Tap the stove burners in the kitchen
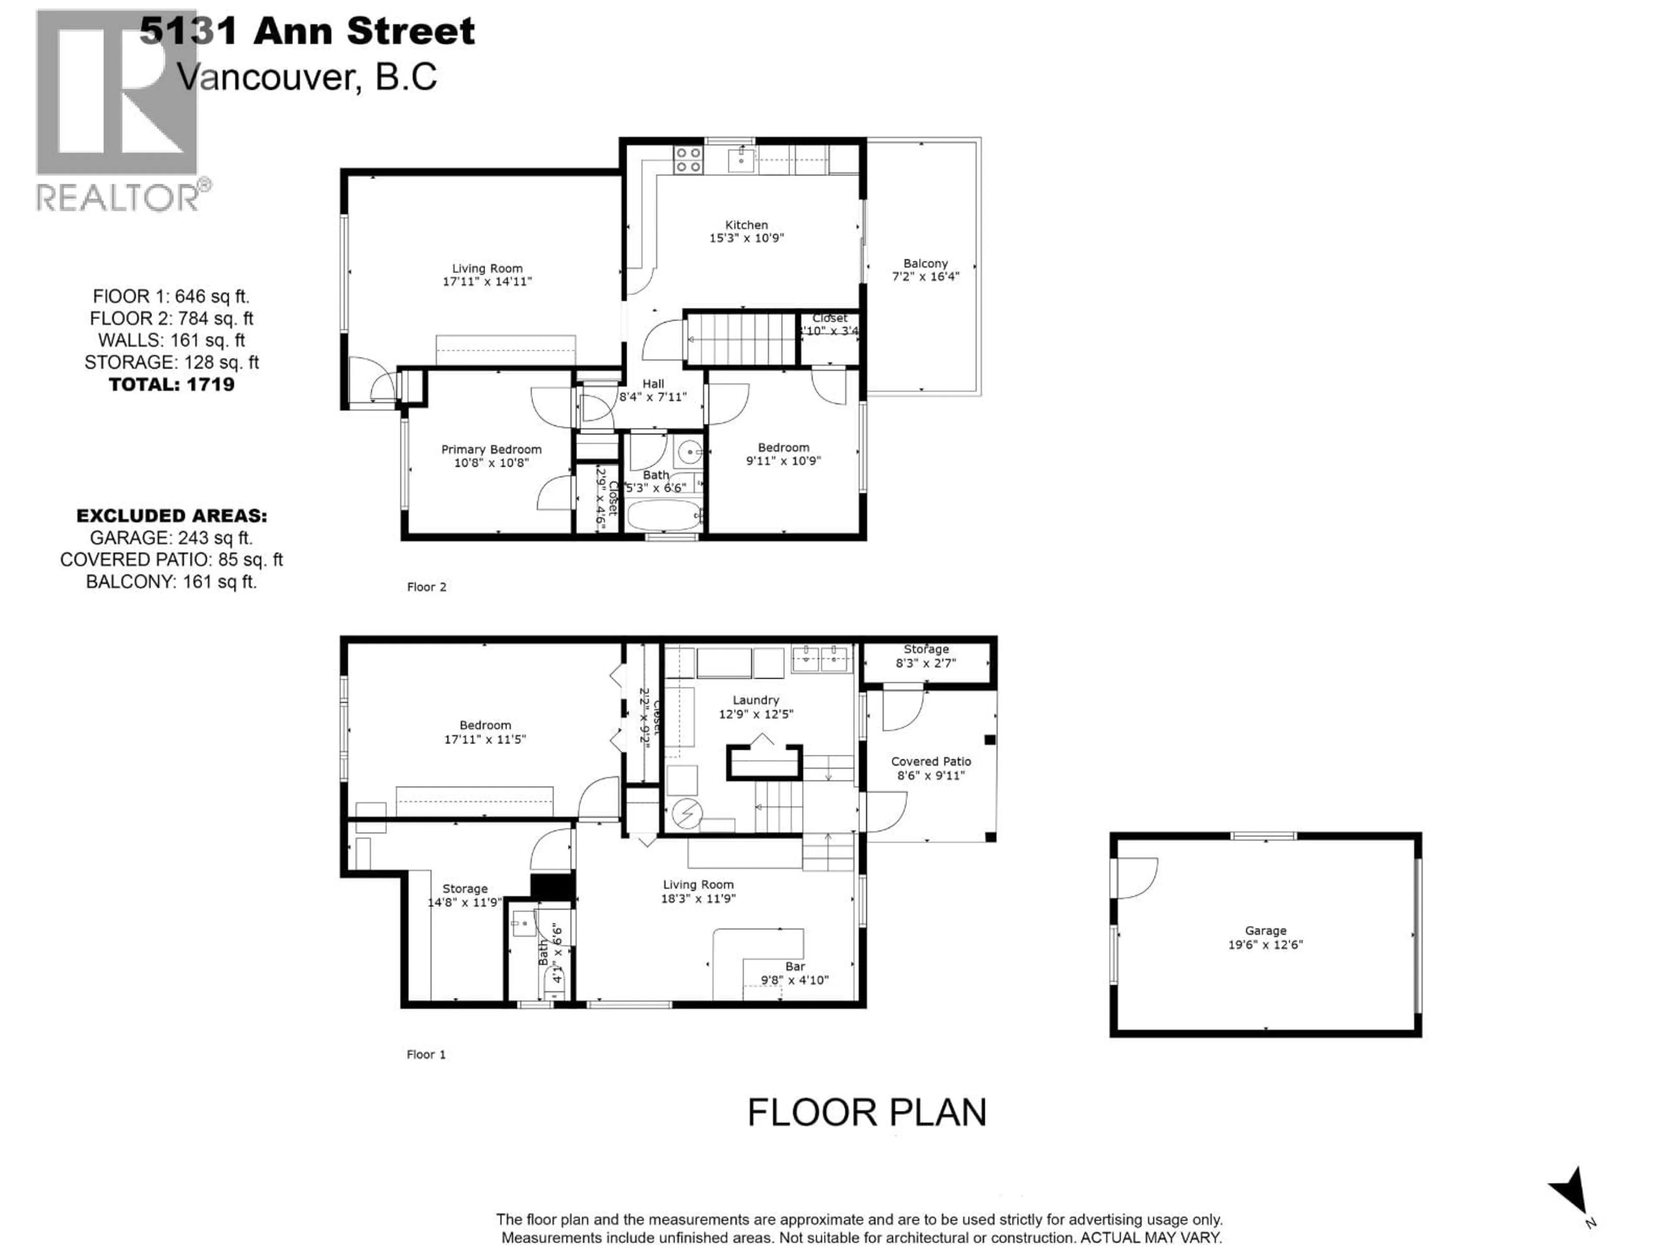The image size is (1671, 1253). tap(688, 159)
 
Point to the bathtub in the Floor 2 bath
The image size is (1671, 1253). tap(663, 516)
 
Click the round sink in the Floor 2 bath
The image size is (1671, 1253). tap(689, 452)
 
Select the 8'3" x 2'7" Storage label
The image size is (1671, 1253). tap(926, 656)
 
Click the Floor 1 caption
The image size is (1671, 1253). tap(426, 1054)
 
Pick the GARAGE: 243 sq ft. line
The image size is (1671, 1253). tap(171, 538)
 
